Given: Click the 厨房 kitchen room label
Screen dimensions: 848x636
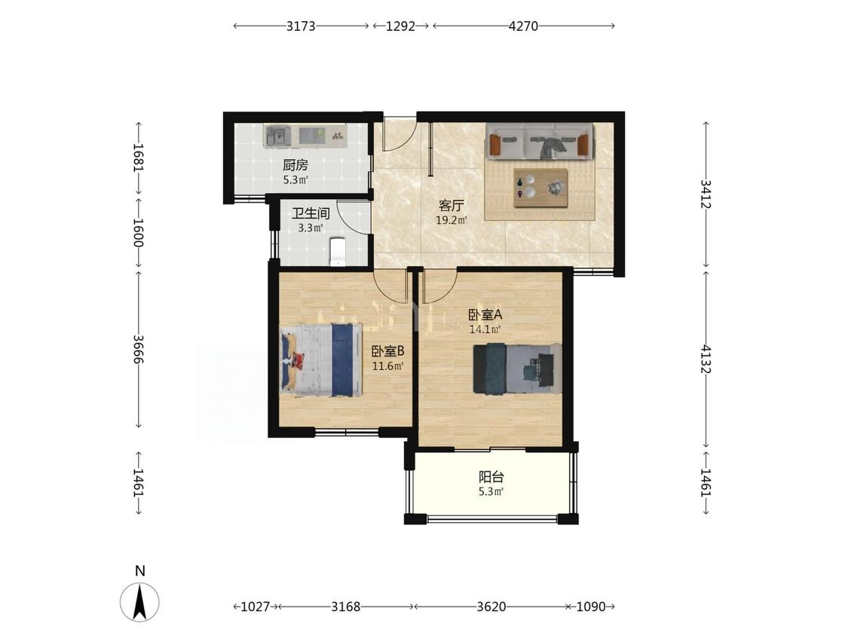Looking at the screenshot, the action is click(295, 165).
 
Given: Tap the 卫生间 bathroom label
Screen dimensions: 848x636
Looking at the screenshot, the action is click(311, 213).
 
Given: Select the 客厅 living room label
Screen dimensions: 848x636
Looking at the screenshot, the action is click(451, 206).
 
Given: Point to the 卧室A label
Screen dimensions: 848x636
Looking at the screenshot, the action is click(485, 315).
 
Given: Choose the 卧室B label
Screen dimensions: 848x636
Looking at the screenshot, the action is click(387, 351).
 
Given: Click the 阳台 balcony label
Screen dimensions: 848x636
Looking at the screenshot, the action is click(491, 477).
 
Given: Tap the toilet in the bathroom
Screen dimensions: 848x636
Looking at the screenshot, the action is click(338, 252).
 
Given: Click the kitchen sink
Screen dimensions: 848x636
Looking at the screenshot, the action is click(277, 136).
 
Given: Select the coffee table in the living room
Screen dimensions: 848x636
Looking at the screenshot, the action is click(540, 188).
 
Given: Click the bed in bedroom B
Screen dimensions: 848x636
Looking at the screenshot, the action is click(320, 360).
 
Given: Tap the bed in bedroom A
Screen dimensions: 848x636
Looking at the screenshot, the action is click(517, 368).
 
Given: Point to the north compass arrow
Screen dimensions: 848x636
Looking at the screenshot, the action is click(139, 602).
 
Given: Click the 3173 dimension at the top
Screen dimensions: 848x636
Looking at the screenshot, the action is click(301, 26).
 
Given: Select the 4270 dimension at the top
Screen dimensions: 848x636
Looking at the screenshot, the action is click(524, 26).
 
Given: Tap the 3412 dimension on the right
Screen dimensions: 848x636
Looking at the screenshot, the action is click(706, 194).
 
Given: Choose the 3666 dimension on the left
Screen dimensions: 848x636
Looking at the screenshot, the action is click(139, 349).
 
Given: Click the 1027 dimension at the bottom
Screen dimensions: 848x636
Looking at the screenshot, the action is click(255, 607).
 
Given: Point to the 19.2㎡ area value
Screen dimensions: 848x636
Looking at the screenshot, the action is click(452, 220).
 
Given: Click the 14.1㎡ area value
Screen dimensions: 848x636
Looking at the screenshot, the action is click(485, 329).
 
